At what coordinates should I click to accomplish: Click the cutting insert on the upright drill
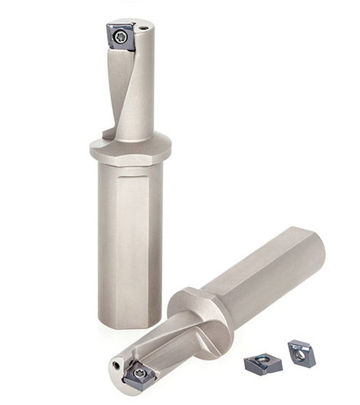click(121, 36)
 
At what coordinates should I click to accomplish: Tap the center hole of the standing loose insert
click(301, 354)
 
